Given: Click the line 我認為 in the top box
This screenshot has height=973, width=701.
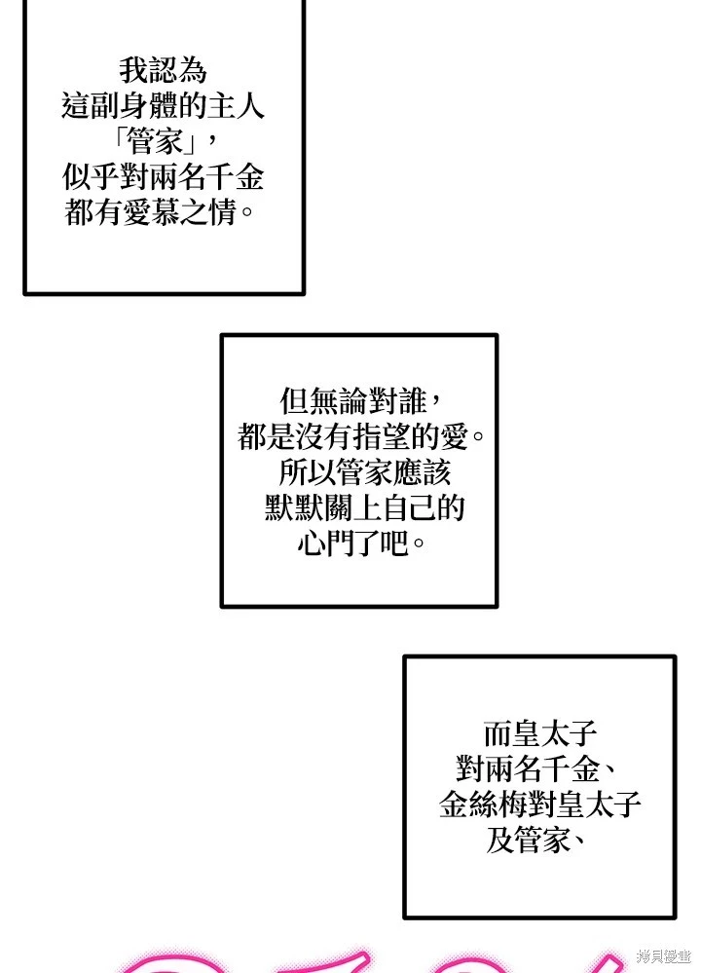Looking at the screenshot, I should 164,71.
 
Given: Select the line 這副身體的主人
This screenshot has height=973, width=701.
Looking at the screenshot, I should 164,106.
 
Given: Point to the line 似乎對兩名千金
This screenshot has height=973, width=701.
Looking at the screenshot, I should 164,178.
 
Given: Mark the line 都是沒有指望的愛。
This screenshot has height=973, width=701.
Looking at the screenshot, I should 359,436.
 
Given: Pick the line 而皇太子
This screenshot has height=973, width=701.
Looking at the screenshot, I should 538,733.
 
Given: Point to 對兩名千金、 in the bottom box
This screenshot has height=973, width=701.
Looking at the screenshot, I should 538,768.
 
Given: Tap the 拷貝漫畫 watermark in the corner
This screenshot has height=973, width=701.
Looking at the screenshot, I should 663,954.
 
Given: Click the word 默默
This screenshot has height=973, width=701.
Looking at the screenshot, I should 295,507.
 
